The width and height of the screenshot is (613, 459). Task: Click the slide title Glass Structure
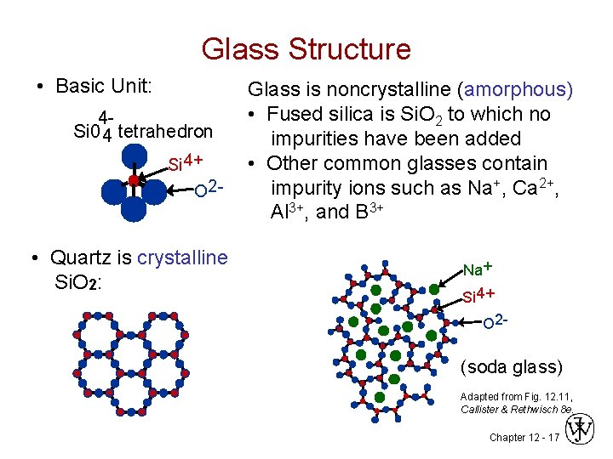306,48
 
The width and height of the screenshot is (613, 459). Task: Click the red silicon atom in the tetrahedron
134,180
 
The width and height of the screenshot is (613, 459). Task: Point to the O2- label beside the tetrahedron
209,188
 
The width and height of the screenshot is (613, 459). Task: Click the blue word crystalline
182,257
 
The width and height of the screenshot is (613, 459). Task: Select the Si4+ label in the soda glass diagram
478,295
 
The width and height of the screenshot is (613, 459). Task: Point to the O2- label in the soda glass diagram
496,321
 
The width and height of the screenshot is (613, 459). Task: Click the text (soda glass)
511,367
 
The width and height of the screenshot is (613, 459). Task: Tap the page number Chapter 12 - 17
524,437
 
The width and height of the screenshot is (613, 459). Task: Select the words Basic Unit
103,86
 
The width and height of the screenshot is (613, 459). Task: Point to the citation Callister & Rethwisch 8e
516,410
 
